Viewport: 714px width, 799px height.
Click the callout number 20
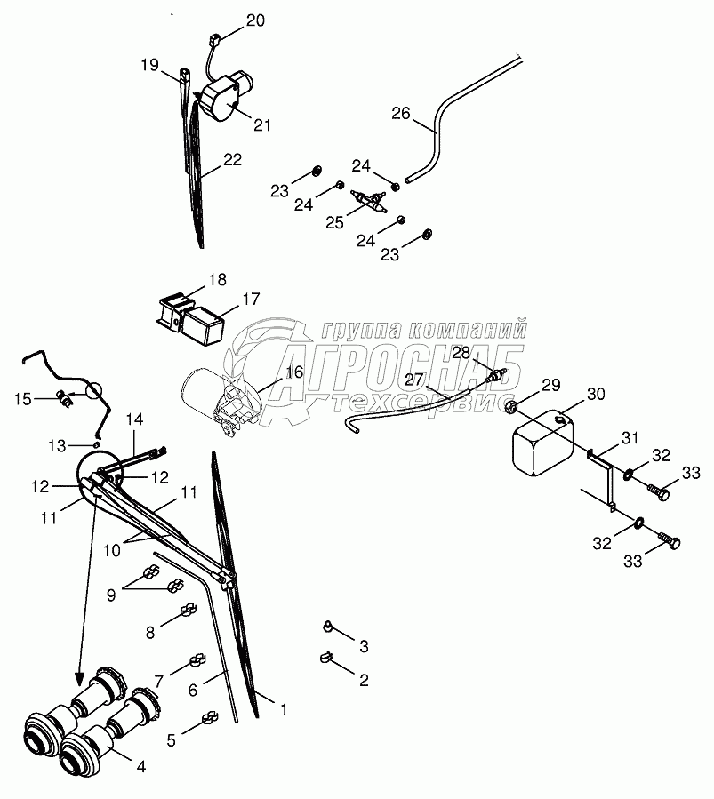(255, 20)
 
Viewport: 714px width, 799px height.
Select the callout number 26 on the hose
(401, 113)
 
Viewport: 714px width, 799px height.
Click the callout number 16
(294, 372)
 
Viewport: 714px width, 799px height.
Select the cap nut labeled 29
(513, 407)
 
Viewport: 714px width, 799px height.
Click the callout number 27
(415, 379)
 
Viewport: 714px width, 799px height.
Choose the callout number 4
(140, 764)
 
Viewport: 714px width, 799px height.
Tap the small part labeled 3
(328, 628)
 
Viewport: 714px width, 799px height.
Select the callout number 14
(134, 419)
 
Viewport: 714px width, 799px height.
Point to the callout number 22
(232, 160)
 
